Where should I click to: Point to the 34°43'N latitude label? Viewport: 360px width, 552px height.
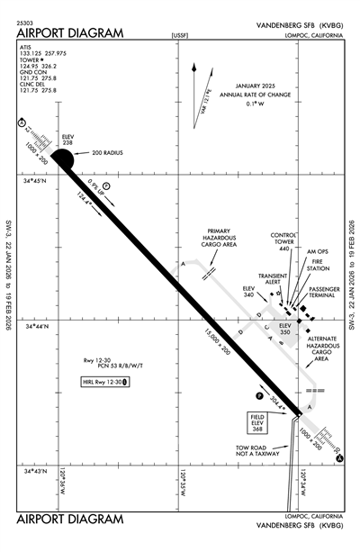click(42, 471)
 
